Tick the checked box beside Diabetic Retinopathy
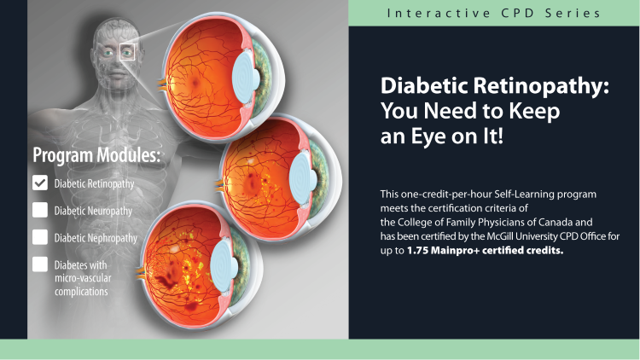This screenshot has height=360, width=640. pyautogui.click(x=40, y=183)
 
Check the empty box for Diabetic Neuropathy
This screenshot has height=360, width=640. pyautogui.click(x=40, y=210)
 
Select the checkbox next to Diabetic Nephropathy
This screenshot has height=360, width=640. pyautogui.click(x=40, y=237)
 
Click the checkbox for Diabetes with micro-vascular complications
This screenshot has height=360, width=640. pyautogui.click(x=40, y=264)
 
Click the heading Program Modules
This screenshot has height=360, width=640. pyautogui.click(x=96, y=155)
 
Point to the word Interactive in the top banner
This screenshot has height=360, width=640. pyautogui.click(x=439, y=13)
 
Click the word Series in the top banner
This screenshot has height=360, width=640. pyautogui.click(x=573, y=13)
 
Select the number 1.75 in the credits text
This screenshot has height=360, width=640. pyautogui.click(x=417, y=250)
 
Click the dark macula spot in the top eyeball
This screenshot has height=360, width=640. pyautogui.click(x=195, y=84)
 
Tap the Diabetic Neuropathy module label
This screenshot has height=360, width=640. pyautogui.click(x=94, y=211)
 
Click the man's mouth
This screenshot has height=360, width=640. pyautogui.click(x=118, y=75)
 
